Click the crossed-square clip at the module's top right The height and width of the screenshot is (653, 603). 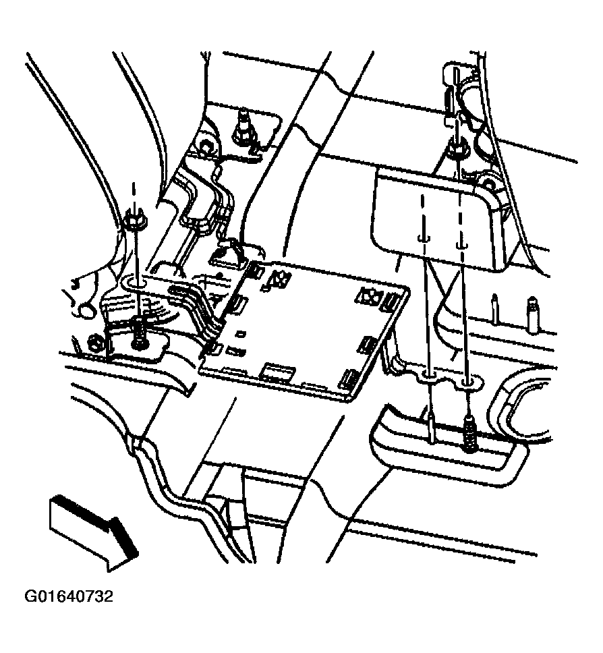369,294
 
